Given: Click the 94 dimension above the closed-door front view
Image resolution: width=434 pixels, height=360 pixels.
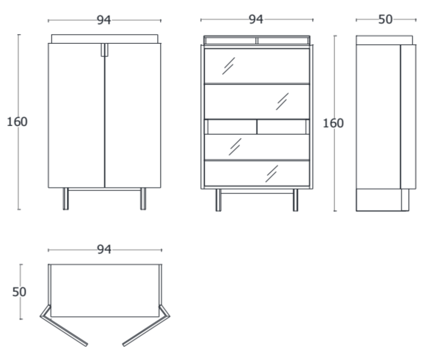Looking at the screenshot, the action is pyautogui.click(x=104, y=20).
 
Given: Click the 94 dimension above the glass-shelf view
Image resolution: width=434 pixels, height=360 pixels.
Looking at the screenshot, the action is pyautogui.click(x=256, y=20).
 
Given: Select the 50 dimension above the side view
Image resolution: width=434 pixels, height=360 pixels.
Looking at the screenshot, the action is pyautogui.click(x=385, y=20).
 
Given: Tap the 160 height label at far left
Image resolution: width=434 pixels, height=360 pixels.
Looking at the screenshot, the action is pyautogui.click(x=17, y=122).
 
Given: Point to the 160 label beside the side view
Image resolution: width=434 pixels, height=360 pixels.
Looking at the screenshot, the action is pyautogui.click(x=333, y=123).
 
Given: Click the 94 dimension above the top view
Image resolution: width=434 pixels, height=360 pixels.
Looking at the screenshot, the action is pyautogui.click(x=104, y=249).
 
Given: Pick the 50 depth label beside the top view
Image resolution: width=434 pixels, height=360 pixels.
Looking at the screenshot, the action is pyautogui.click(x=19, y=292).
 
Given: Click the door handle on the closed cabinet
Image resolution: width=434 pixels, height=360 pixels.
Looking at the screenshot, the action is pyautogui.click(x=105, y=50).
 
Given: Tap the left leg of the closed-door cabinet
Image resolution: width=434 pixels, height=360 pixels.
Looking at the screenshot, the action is pyautogui.click(x=66, y=199).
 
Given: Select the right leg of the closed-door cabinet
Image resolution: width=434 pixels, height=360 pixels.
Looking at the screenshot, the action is pyautogui.click(x=143, y=199).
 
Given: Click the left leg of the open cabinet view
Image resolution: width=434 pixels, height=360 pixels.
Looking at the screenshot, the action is pyautogui.click(x=218, y=200).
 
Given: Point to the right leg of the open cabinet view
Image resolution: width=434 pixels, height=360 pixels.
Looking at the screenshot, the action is pyautogui.click(x=295, y=200).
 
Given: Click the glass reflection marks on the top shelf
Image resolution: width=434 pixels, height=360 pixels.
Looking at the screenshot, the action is pyautogui.click(x=228, y=66).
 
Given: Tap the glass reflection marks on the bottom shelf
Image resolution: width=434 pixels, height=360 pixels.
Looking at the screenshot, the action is pyautogui.click(x=272, y=173).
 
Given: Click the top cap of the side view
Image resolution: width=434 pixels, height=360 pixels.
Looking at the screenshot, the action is pyautogui.click(x=384, y=40).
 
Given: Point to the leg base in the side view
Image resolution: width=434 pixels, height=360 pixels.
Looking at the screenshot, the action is pyautogui.click(x=382, y=200).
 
